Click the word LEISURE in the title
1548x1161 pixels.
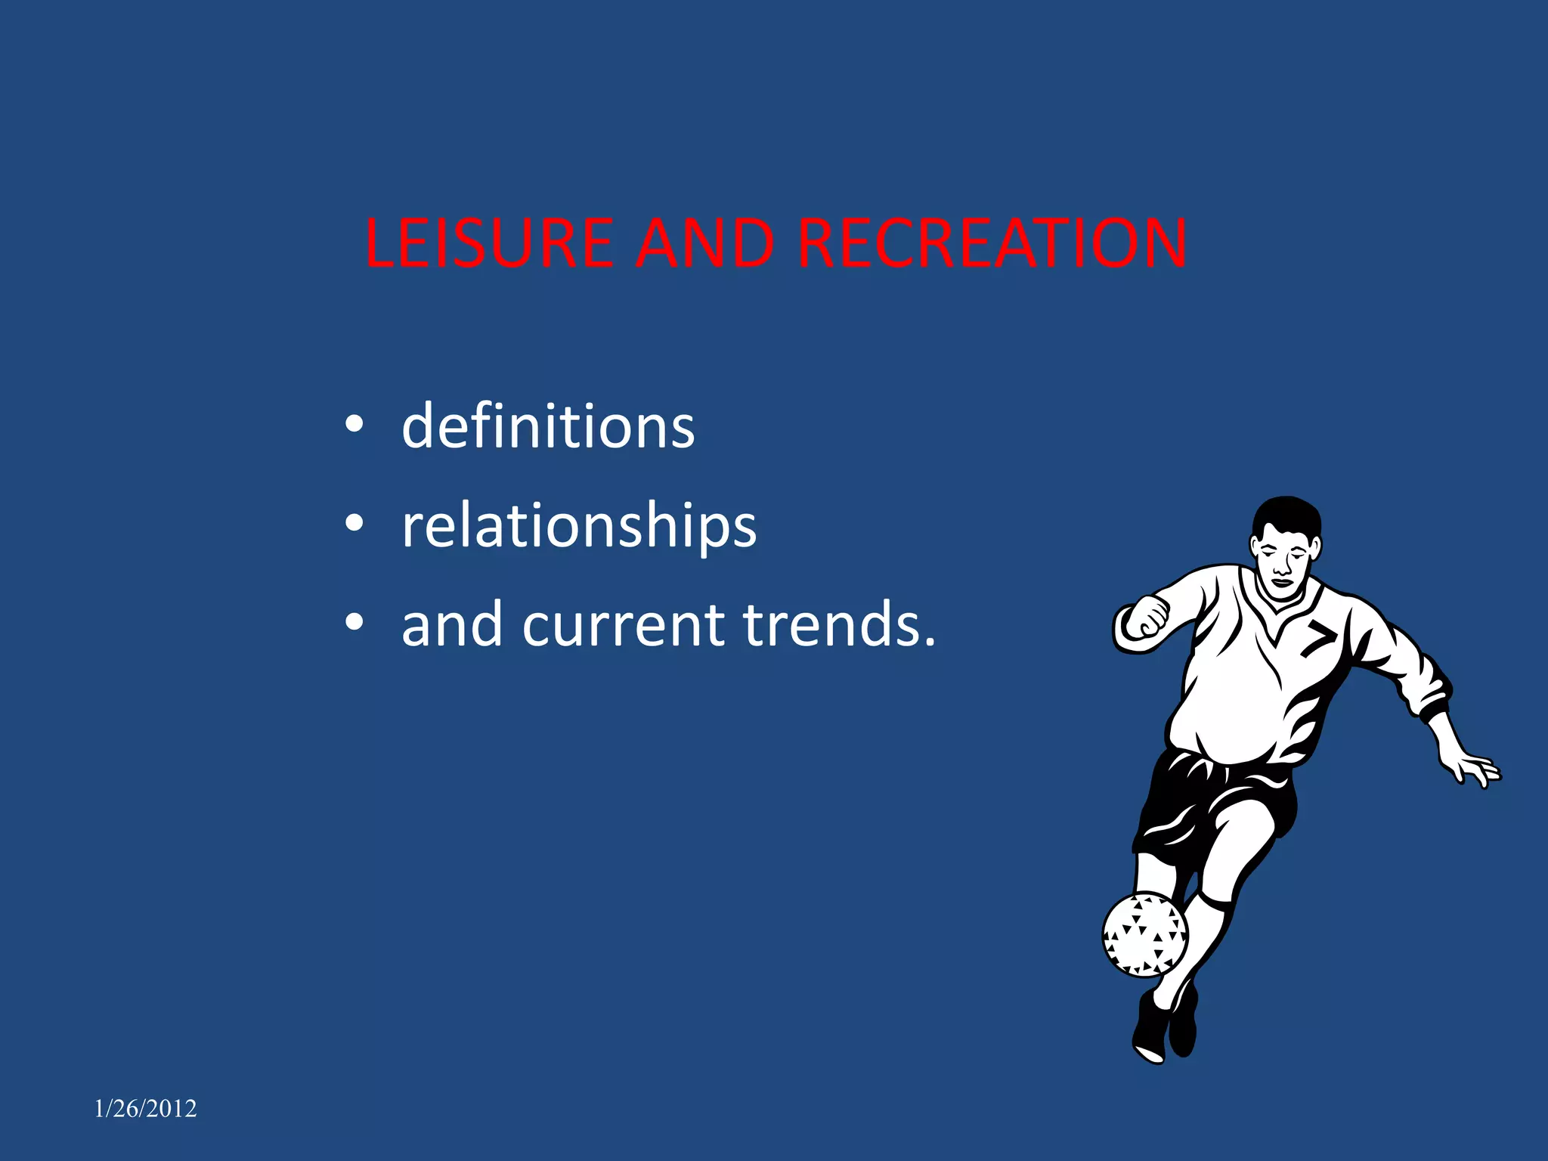coord(488,243)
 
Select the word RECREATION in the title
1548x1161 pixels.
coord(992,243)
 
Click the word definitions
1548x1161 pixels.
coord(548,426)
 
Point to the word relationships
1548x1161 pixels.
coord(579,526)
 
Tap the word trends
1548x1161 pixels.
coord(839,625)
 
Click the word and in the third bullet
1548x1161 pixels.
coord(452,625)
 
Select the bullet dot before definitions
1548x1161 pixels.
coord(354,425)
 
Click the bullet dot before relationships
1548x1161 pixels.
coord(354,523)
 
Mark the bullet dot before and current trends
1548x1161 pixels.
coord(354,622)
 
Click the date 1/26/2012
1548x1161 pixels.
coord(145,1108)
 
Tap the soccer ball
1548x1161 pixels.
coord(1144,935)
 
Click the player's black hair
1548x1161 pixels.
coord(1286,514)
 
